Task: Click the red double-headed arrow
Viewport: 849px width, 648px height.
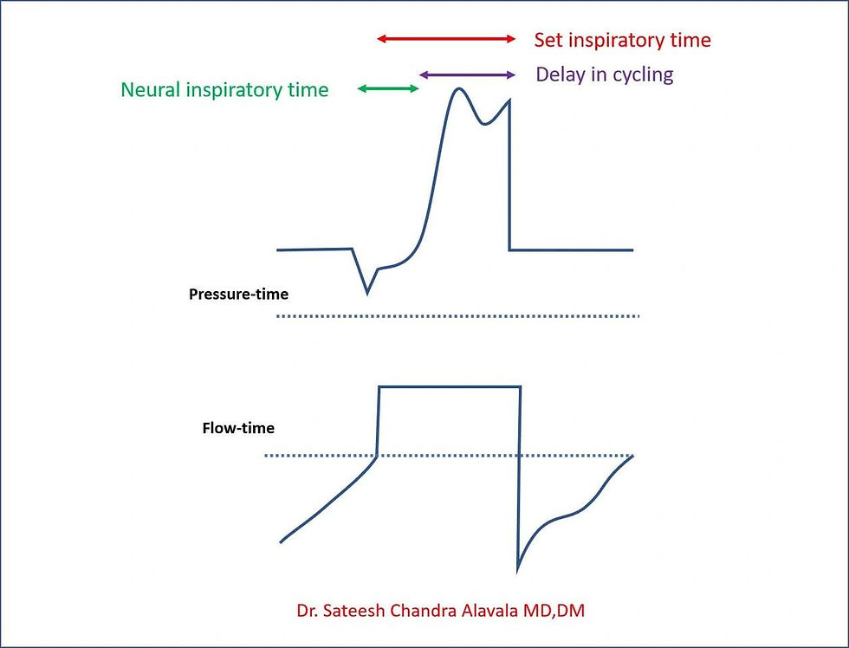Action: click(x=446, y=39)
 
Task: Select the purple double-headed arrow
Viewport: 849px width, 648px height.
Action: click(x=467, y=75)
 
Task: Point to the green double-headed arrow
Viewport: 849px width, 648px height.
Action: click(x=388, y=87)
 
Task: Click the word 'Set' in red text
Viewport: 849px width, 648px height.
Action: click(x=548, y=40)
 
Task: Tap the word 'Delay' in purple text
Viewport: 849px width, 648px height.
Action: click(x=560, y=75)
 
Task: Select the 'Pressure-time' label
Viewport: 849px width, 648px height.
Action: click(x=238, y=294)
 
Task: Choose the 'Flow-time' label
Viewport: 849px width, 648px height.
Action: click(x=238, y=427)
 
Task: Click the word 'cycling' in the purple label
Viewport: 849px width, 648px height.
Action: click(x=643, y=75)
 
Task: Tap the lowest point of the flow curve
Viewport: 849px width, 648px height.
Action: click(x=518, y=570)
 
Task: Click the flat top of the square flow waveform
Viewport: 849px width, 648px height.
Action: click(x=449, y=387)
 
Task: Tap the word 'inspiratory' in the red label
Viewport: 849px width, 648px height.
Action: click(x=617, y=40)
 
